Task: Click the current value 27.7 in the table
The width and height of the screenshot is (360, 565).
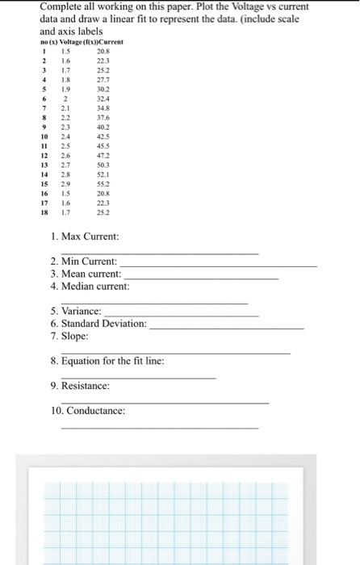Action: (x=103, y=80)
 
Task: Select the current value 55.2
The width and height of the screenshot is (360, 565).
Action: (x=103, y=182)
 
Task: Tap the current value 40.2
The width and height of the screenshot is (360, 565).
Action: (x=103, y=127)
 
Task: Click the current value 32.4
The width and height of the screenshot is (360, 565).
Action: (x=103, y=98)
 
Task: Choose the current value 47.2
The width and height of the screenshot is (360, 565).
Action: (x=103, y=154)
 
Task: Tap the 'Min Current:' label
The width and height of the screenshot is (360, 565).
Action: (x=83, y=262)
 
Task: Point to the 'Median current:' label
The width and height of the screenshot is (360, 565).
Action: (x=89, y=287)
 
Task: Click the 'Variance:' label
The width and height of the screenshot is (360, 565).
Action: (x=76, y=311)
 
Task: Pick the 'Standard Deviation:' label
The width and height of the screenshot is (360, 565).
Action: (x=98, y=323)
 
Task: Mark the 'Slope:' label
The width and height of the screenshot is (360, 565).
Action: (x=69, y=335)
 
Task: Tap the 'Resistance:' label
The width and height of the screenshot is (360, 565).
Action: (x=80, y=386)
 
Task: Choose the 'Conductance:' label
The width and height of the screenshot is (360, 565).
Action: (x=87, y=411)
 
